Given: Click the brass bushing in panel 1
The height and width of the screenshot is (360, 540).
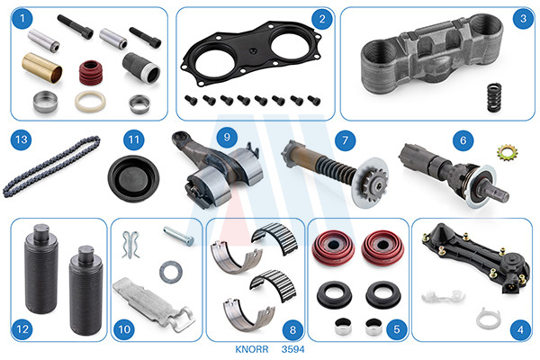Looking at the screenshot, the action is tap(42, 67).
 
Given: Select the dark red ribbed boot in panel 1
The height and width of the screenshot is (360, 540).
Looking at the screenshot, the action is tap(91, 73).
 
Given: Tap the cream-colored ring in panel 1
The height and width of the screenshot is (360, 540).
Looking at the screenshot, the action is tap(90, 101).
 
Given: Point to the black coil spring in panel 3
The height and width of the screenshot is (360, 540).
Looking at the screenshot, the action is tap(494, 97).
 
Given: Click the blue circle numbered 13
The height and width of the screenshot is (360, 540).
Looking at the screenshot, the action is tap(22, 139).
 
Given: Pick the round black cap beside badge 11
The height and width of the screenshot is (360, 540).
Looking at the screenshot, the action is tap(133, 178).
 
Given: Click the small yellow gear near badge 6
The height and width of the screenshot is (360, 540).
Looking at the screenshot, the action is tap(508, 153).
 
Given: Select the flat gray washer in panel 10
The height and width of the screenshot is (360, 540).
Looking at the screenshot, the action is tap(170, 272).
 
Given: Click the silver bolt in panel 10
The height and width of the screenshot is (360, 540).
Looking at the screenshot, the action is tap(178, 236).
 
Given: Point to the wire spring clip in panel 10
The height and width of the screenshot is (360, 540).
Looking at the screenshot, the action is tap(130, 244).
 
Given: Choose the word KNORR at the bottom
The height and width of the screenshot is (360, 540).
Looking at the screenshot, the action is tap(252, 349).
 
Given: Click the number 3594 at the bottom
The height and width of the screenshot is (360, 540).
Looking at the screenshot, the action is tap(292, 349).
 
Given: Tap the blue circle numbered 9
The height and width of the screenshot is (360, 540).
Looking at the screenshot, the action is tap(227, 137).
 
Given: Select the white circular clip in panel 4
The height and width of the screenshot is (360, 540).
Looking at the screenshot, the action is tap(489, 319).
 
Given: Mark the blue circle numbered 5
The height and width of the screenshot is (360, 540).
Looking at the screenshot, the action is tap(397, 329).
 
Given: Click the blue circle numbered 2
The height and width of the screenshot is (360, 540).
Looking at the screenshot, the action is tap(322, 19).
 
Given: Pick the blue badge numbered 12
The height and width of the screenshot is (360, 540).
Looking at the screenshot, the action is tap(22, 329).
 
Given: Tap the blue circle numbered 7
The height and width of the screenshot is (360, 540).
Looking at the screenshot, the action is tap(345, 140).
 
